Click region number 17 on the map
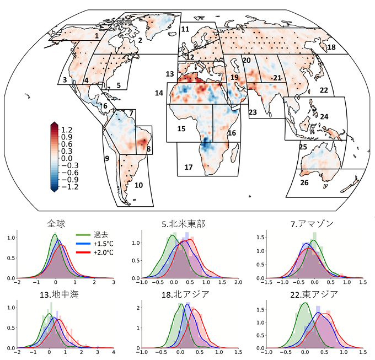pyautogui.click(x=189, y=166)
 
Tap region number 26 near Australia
pyautogui.click(x=304, y=182)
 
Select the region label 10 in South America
pyautogui.click(x=138, y=185)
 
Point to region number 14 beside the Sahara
pyautogui.click(x=159, y=93)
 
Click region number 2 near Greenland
pyautogui.click(x=140, y=40)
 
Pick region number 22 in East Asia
pyautogui.click(x=324, y=90)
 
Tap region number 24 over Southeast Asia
pyautogui.click(x=324, y=117)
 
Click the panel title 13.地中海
pyautogui.click(x=60, y=294)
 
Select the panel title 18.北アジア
pyautogui.click(x=185, y=294)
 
